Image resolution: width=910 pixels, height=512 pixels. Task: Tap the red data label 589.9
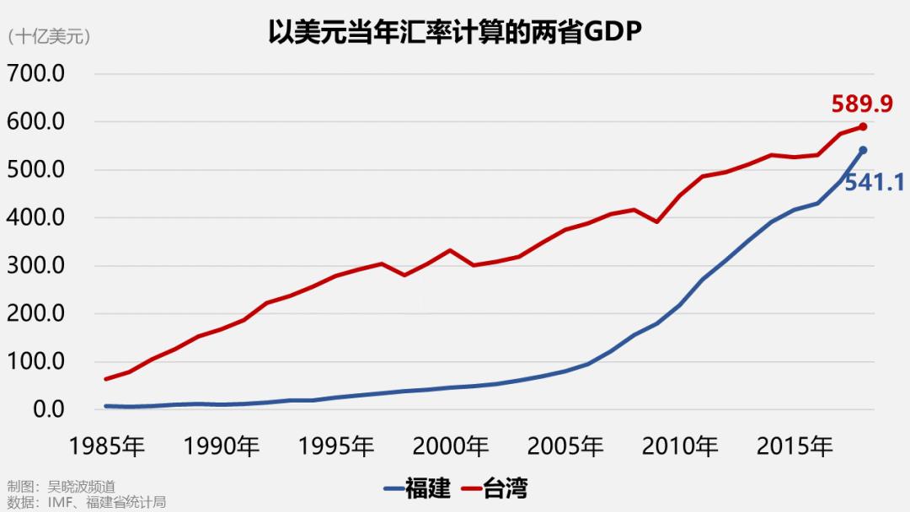(x=861, y=104)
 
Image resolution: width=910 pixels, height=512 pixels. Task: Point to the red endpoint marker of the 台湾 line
(x=863, y=127)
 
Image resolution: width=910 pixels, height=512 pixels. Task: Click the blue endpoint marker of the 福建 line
(x=863, y=151)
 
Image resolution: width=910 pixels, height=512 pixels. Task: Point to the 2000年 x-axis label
(x=452, y=446)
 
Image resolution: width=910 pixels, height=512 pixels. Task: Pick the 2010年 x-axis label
(x=681, y=446)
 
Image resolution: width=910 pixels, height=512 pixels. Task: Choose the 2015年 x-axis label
(x=795, y=446)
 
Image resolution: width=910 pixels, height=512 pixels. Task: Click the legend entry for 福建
(x=417, y=488)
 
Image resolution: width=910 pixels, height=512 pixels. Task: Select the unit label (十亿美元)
(x=48, y=36)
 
